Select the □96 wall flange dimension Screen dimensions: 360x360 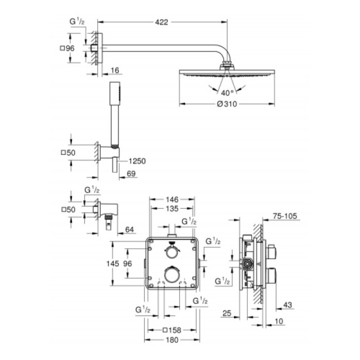[68, 48]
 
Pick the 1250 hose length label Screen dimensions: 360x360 [137, 161]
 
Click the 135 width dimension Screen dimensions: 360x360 [172, 209]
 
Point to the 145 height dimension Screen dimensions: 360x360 [120, 263]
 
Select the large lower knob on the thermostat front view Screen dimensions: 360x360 [172, 274]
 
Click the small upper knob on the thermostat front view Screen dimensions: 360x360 [172, 251]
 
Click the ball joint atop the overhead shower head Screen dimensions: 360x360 [227, 65]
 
